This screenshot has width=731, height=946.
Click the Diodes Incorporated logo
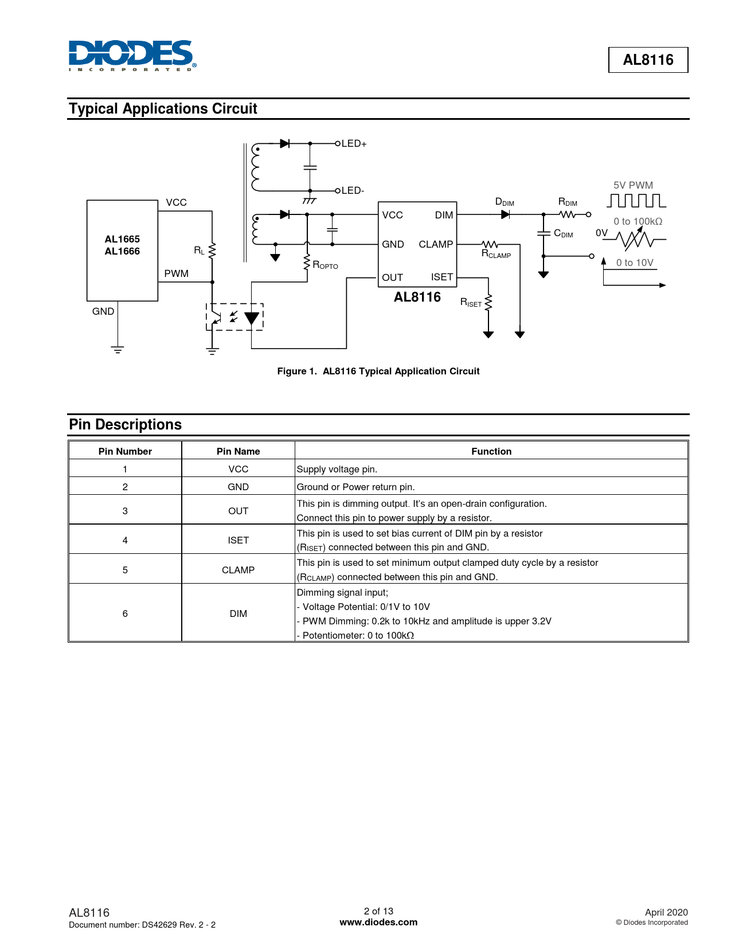[x=132, y=56]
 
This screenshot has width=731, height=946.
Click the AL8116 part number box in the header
[x=648, y=60]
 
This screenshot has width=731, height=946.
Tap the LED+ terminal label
[x=354, y=143]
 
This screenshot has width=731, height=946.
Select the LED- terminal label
[x=353, y=190]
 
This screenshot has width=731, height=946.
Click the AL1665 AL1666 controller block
[x=122, y=250]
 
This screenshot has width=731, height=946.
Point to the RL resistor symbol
[x=212, y=251]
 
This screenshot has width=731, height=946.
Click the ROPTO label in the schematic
[x=325, y=265]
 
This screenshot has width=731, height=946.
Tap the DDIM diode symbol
[x=505, y=214]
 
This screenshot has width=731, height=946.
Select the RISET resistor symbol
[x=488, y=303]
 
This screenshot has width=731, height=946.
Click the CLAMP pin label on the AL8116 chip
[x=436, y=244]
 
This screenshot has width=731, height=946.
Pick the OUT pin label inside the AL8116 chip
[x=393, y=277]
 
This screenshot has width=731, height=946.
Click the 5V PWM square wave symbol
[x=636, y=201]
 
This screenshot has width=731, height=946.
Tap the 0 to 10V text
[x=635, y=263]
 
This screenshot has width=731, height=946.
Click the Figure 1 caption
[x=378, y=371]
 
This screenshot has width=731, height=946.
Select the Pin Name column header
[x=238, y=451]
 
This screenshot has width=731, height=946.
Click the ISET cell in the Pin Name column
[x=238, y=540]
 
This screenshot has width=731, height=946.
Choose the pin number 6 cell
[x=125, y=613]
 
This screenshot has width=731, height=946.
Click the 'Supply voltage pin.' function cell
[x=337, y=469]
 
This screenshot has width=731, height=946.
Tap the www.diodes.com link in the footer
[x=378, y=922]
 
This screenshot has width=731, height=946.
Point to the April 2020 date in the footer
[x=666, y=912]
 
